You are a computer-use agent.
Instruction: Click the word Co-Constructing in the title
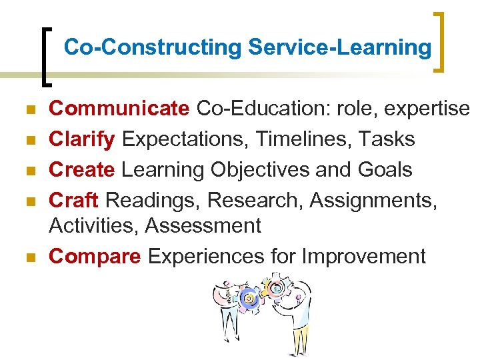(x=153, y=47)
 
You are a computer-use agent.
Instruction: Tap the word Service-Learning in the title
(x=339, y=47)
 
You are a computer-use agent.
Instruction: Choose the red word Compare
(x=95, y=256)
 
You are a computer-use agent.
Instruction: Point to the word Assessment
(x=203, y=225)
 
